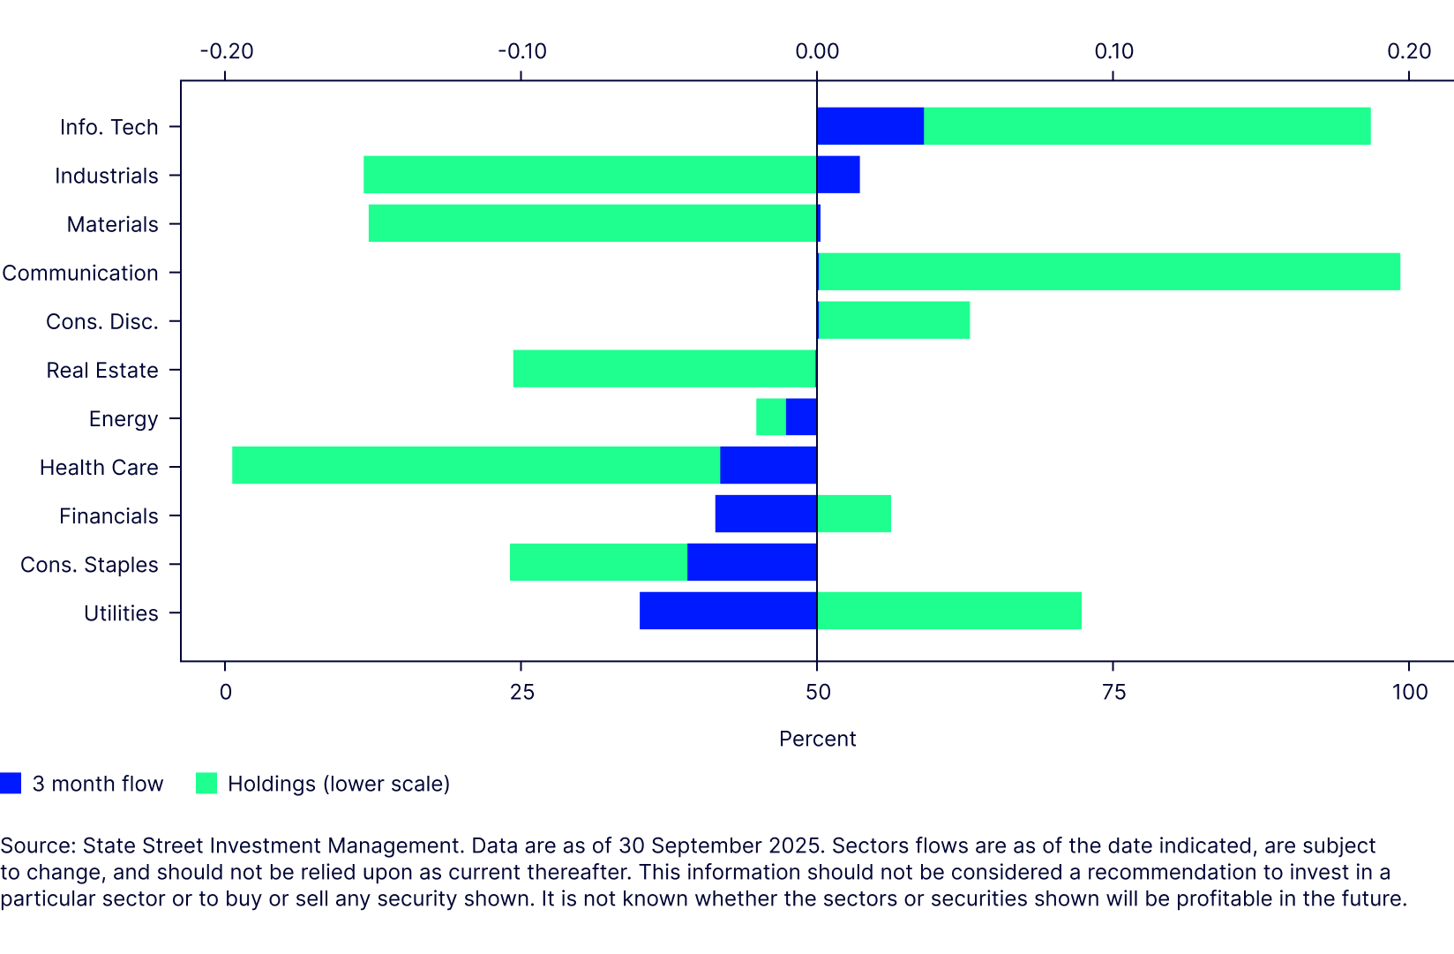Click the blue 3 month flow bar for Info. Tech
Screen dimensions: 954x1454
[x=870, y=126]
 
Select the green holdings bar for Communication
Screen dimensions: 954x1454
[x=1108, y=272]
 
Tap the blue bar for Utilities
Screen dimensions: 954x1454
[x=728, y=611]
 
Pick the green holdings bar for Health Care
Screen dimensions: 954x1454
[x=476, y=465]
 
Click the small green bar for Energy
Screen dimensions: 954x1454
[x=771, y=417]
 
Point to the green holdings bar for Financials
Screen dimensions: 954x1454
[x=854, y=514]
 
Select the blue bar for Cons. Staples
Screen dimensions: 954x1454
[x=752, y=562]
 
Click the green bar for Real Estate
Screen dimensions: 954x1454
[x=664, y=369]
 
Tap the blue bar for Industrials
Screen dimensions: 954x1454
[x=838, y=175]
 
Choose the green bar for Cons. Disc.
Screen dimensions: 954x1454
[x=894, y=320]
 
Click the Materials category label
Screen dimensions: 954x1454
[x=112, y=224]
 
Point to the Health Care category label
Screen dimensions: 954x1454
[x=99, y=467]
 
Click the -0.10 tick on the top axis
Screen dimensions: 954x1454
[x=521, y=51]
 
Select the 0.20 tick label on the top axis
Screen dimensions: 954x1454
[x=1408, y=51]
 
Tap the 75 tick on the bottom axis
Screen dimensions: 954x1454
[x=1113, y=692]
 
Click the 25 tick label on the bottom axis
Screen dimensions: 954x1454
[x=521, y=692]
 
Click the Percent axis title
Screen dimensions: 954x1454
[x=817, y=739]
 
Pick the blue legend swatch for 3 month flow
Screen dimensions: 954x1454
[x=11, y=784]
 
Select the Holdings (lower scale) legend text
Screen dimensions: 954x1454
[x=339, y=784]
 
